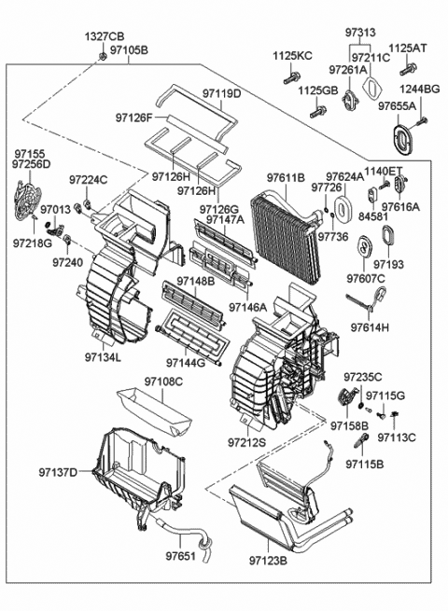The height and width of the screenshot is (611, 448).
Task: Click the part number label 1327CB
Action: click(105, 36)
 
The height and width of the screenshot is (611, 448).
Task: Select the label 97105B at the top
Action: click(128, 49)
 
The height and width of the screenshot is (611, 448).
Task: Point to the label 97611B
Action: click(286, 177)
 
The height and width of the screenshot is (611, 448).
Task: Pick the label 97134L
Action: click(104, 356)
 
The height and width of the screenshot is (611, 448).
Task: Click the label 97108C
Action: click(163, 382)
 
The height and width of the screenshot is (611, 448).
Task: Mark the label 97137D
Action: click(59, 472)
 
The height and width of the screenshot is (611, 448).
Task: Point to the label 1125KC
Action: click(292, 57)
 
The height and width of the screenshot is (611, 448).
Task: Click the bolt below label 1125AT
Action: click(408, 69)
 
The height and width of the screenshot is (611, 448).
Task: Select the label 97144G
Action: click(187, 362)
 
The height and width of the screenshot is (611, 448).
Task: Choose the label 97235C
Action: click(362, 377)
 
